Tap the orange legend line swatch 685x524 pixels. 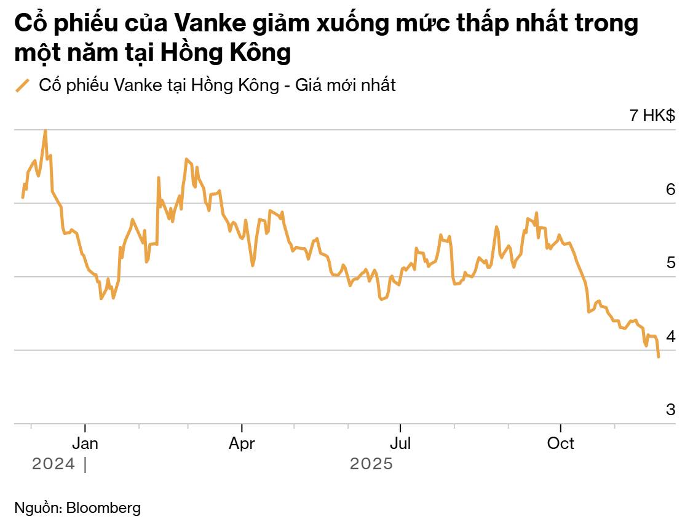(x=23, y=85)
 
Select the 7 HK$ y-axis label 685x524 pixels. (x=652, y=115)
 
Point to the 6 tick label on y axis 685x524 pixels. (x=670, y=189)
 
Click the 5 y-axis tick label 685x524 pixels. (x=670, y=263)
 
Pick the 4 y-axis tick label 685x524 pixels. (x=670, y=336)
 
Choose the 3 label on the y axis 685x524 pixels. (x=670, y=410)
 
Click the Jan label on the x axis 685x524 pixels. (x=85, y=443)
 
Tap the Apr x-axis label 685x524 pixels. (x=242, y=443)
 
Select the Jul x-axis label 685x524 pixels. (x=400, y=443)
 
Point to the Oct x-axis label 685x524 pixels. (x=560, y=443)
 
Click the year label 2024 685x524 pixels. (x=53, y=464)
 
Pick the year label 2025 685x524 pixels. (x=371, y=464)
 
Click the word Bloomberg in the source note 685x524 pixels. (x=103, y=508)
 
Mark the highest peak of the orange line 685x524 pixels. (x=45, y=131)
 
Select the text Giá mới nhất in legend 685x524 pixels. (x=346, y=85)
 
